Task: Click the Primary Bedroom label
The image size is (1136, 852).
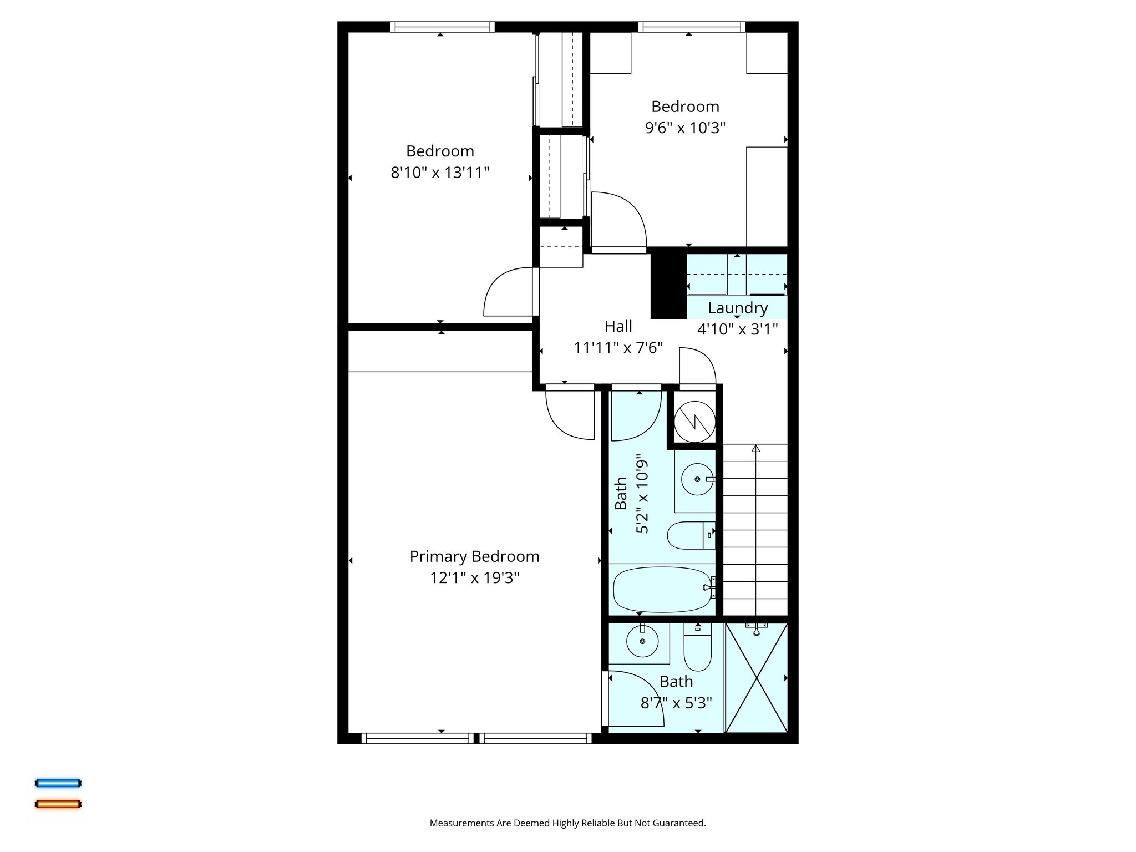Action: [x=474, y=556]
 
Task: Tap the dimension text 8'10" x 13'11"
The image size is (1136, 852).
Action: [x=440, y=173]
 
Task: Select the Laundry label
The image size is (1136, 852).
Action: [x=737, y=308]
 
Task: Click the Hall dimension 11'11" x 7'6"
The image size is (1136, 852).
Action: [x=618, y=348]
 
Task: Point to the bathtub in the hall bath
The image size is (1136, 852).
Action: [x=662, y=589]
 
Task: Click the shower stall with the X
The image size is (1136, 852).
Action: [x=757, y=678]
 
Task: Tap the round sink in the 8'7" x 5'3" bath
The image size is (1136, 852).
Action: [x=642, y=642]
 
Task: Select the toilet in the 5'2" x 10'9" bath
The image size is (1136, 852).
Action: [x=688, y=535]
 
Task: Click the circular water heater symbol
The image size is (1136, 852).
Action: [x=694, y=422]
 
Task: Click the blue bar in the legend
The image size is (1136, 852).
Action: [x=58, y=783]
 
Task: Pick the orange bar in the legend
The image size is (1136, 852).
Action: [x=58, y=804]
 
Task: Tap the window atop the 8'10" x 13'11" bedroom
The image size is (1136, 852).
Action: [x=442, y=27]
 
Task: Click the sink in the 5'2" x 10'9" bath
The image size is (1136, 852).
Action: [x=697, y=479]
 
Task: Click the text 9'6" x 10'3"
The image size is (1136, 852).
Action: [x=685, y=128]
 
